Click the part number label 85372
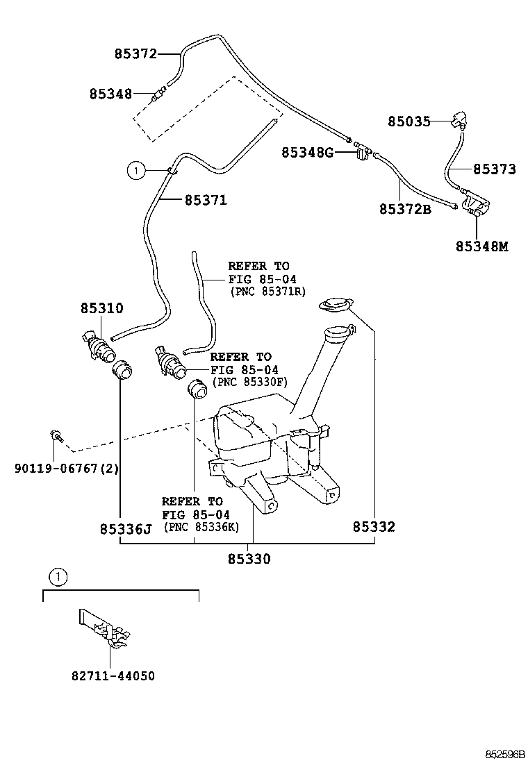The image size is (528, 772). click(135, 53)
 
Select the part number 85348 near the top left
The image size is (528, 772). click(110, 93)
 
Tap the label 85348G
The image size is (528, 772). click(308, 152)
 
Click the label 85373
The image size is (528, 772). click(495, 169)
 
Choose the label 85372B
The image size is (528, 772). click(405, 208)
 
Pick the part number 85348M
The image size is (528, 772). click(482, 246)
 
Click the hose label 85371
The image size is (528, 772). click(206, 200)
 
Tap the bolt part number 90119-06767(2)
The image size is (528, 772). click(67, 468)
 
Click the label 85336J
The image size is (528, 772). click(125, 528)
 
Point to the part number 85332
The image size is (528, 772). click(373, 527)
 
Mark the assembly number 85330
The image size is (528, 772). click(249, 558)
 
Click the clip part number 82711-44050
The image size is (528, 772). click(113, 675)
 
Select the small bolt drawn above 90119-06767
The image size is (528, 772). click(55, 436)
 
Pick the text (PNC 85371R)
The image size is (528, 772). click(267, 292)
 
